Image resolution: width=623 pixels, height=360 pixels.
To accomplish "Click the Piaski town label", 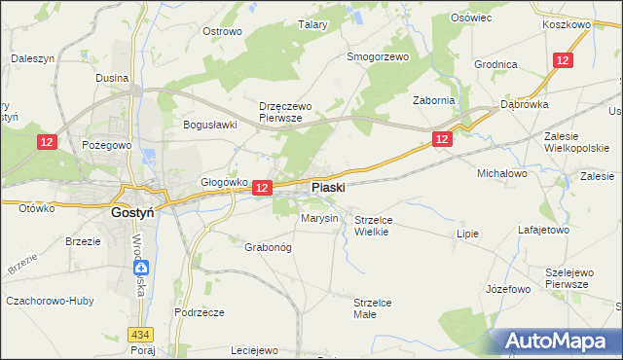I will [327, 187].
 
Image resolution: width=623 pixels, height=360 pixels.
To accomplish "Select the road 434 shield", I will [144, 334].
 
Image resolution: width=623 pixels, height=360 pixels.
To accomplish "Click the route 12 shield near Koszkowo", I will [563, 60].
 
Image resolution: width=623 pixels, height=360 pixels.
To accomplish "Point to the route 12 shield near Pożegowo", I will [48, 142].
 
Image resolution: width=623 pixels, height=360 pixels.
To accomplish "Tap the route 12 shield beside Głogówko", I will [261, 187].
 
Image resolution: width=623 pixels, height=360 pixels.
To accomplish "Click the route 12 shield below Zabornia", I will [442, 140].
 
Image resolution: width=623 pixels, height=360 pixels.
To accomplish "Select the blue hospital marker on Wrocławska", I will [142, 268].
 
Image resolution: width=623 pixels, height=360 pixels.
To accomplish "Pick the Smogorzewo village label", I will [379, 56].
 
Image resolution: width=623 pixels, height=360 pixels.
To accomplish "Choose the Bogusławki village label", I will [211, 125].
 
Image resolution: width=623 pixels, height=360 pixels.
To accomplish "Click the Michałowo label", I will [501, 172].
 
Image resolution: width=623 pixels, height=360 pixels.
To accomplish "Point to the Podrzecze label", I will [200, 311].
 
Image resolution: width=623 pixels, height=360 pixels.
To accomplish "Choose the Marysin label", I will [319, 218].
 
